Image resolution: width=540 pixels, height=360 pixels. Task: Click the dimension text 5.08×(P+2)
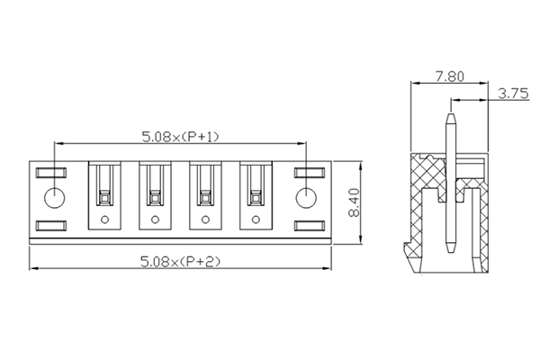coord(181,261)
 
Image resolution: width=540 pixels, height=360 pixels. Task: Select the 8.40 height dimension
coord(354,203)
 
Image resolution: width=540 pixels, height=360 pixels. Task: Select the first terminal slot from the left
coord(105,193)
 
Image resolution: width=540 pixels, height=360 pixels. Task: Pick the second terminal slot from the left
coord(156,193)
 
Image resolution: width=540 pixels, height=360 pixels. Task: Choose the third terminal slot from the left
coord(206,193)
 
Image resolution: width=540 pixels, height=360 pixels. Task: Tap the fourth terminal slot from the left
coord(256,193)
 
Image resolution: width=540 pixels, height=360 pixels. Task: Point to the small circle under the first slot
coord(105,219)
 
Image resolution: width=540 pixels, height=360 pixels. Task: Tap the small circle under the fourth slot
coord(256,219)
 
